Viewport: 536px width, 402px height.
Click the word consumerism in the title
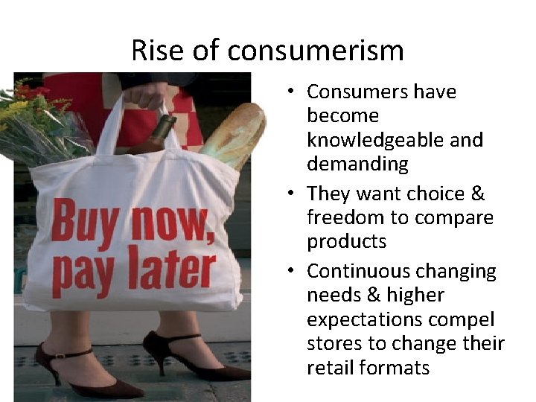[x=316, y=51]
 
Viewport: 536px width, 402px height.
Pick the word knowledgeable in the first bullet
[x=395, y=140]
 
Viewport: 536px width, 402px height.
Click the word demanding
[x=359, y=164]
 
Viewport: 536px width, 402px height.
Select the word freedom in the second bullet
[x=344, y=217]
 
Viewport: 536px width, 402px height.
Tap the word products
[x=346, y=242]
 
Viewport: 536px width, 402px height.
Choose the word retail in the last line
[x=328, y=368]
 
